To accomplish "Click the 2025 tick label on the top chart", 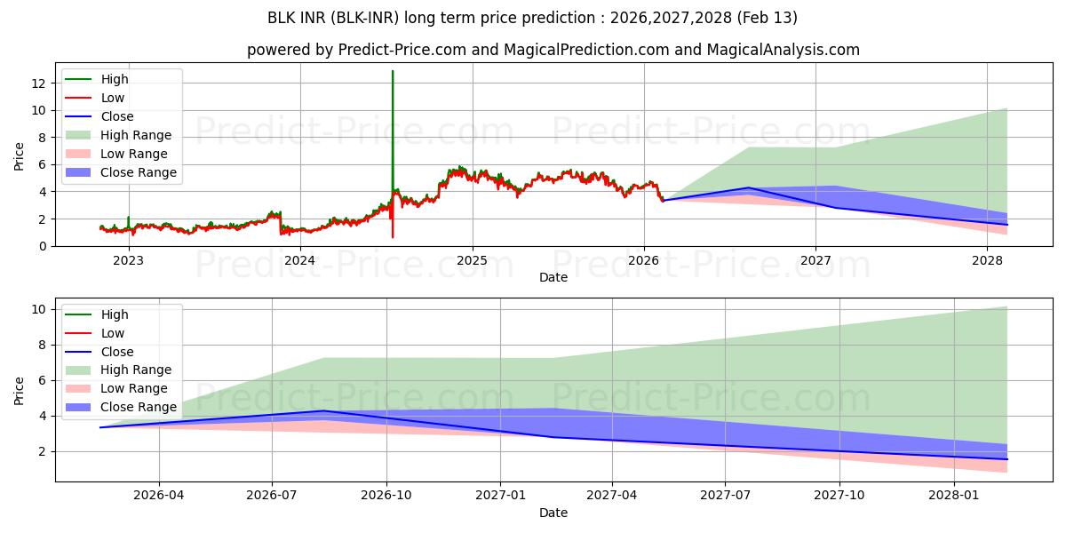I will pyautogui.click(x=472, y=260).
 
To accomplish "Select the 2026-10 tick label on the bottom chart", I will pyautogui.click(x=386, y=496).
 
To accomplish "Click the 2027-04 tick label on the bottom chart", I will pyautogui.click(x=612, y=496).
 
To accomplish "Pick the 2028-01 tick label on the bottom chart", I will pyautogui.click(x=953, y=496).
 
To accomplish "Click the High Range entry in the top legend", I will pyautogui.click(x=136, y=135).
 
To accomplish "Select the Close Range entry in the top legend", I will pyautogui.click(x=138, y=172).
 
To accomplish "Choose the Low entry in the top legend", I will pyautogui.click(x=113, y=98).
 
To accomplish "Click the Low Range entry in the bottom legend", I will pyautogui.click(x=134, y=388).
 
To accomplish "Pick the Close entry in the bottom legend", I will pyautogui.click(x=117, y=352).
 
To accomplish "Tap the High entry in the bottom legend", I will pyautogui.click(x=115, y=314).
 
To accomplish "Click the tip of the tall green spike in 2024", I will pyautogui.click(x=393, y=71).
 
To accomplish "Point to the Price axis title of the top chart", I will pyautogui.click(x=20, y=156).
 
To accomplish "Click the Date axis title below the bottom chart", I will pyautogui.click(x=553, y=513).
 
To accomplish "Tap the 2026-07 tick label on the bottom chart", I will pyautogui.click(x=273, y=496).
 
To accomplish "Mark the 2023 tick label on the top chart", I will pyautogui.click(x=128, y=260).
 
